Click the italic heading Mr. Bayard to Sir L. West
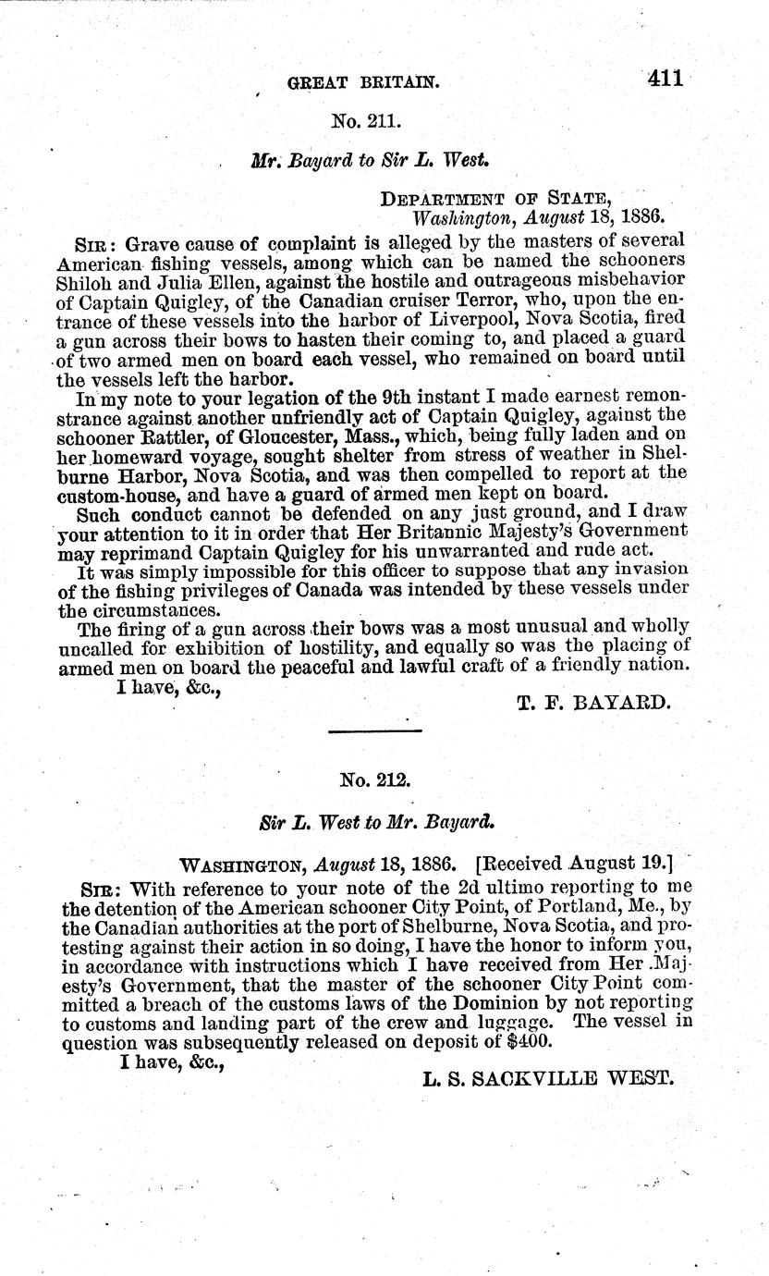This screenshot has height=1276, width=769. (370, 159)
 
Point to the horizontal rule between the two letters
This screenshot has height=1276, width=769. (375, 732)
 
